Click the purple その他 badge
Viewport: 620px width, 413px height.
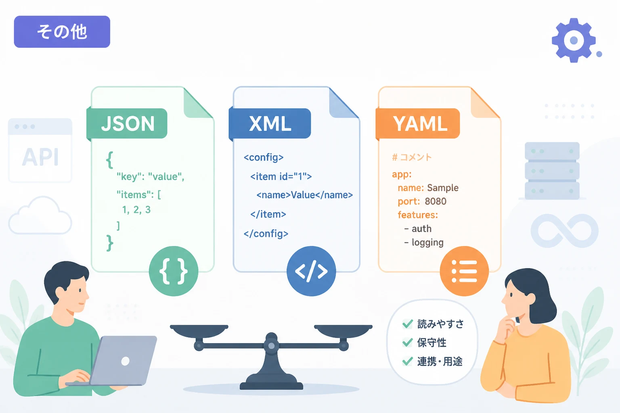point(62,31)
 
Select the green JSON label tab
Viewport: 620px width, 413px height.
point(127,123)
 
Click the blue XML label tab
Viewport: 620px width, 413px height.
point(270,123)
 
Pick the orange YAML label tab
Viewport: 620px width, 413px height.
point(418,123)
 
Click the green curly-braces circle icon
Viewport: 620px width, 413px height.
point(174,271)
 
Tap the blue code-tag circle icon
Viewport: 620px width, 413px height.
point(311,271)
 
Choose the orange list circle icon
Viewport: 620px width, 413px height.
point(464,271)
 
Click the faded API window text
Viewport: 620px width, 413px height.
point(40,157)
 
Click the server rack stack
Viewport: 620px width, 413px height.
point(552,171)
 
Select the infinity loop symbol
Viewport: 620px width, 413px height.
point(565,230)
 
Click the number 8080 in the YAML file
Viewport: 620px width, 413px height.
point(436,201)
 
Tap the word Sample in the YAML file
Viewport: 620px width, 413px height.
point(443,188)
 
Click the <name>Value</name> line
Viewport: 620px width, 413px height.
point(304,195)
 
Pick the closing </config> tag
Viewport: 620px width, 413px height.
point(266,234)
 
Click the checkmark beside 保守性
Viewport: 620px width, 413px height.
point(407,342)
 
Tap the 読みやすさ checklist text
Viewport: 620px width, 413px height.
point(440,324)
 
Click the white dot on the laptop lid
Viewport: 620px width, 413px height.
point(126,361)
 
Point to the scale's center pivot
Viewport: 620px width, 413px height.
point(272,346)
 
